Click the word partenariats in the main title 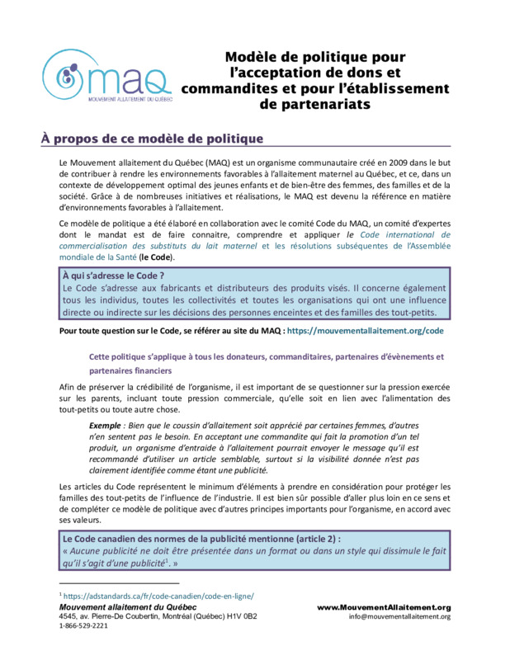click(314, 105)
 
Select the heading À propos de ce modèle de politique click(152, 138)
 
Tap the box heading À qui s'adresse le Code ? click(114, 275)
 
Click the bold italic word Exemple click(107, 424)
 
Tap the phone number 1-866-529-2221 click(83, 626)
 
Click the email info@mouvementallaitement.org click(399, 616)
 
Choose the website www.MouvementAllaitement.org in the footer click(384, 607)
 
